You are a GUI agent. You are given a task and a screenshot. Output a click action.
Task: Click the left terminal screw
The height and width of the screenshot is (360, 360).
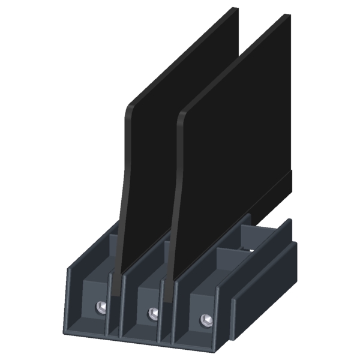101,308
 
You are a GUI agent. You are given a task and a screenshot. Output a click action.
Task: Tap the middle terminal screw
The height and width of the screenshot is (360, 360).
153,313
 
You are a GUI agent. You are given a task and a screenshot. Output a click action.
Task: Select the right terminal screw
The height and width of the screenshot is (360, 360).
206,319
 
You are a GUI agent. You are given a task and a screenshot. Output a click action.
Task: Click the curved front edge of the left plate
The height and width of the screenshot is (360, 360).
125,180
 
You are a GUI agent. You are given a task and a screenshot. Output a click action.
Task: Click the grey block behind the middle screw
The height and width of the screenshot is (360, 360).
147,288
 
